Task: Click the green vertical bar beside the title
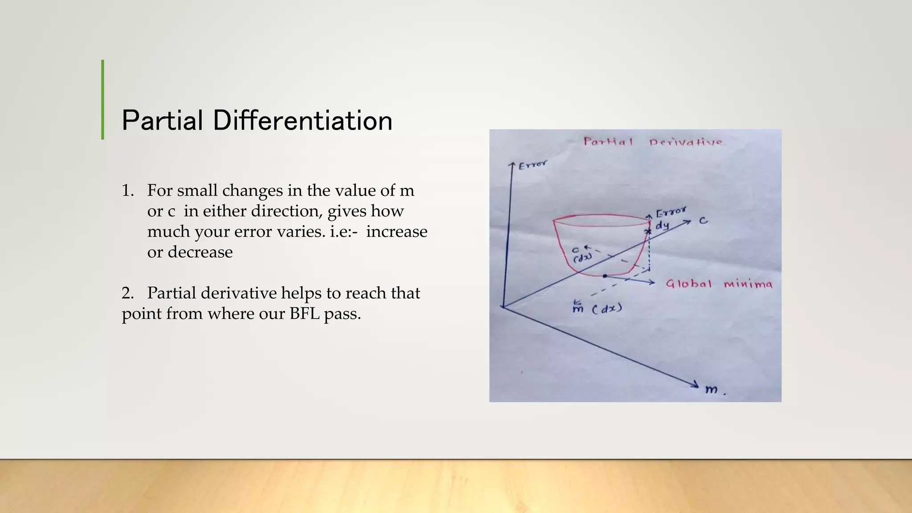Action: pos(103,100)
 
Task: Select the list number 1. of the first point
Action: pos(128,191)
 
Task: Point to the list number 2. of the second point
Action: pos(128,293)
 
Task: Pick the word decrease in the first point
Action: pos(200,252)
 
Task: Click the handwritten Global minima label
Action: pos(719,284)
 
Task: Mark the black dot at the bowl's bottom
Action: pos(605,276)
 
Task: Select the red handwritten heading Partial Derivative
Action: pos(653,142)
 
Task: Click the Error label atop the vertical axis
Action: pos(533,165)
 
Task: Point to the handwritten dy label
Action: pos(662,226)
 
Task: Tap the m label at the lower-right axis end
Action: pos(712,390)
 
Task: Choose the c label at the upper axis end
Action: pos(703,220)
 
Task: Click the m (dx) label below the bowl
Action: pos(597,308)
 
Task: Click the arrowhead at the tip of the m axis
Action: pos(695,384)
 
